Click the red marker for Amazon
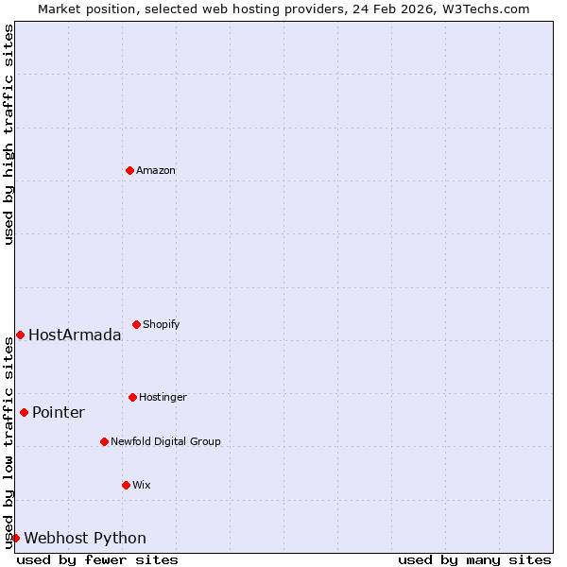pyautogui.click(x=129, y=170)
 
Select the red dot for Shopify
pyautogui.click(x=136, y=324)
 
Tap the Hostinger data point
pyautogui.click(x=132, y=397)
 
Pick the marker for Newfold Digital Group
pyautogui.click(x=104, y=441)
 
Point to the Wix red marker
pyautogui.click(x=126, y=485)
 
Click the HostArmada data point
pyautogui.click(x=20, y=335)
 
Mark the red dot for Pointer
pyautogui.click(x=24, y=412)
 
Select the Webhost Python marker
pyautogui.click(x=15, y=538)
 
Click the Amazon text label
pyautogui.click(x=156, y=170)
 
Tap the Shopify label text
pyautogui.click(x=162, y=324)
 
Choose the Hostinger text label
pyautogui.click(x=163, y=397)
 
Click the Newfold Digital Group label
pyautogui.click(x=165, y=441)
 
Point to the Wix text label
pyautogui.click(x=142, y=485)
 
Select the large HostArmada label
pyautogui.click(x=75, y=335)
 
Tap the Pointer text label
pyautogui.click(x=59, y=412)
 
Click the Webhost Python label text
pyautogui.click(x=85, y=538)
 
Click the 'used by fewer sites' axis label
pyautogui.click(x=97, y=559)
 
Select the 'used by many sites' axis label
pyautogui.click(x=474, y=559)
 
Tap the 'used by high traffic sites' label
pyautogui.click(x=9, y=134)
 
